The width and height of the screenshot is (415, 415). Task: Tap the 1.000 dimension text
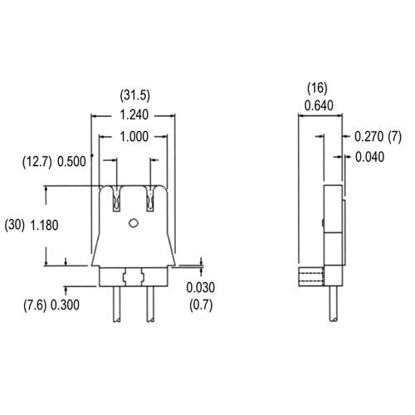click(x=134, y=138)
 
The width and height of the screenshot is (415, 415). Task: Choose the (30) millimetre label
click(x=15, y=224)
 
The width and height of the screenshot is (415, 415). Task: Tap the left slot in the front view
click(x=115, y=198)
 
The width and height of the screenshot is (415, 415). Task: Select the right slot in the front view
click(x=151, y=198)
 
